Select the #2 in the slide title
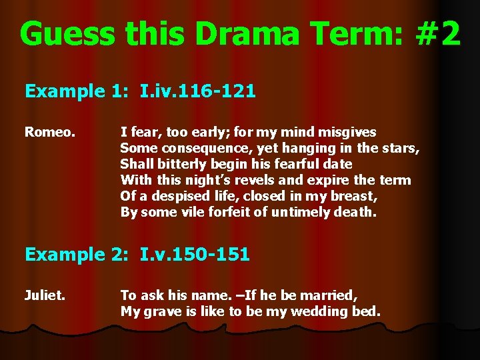[437, 33]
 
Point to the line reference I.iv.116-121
[198, 91]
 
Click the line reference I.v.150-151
[195, 254]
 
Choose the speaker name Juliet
[45, 295]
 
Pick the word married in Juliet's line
[331, 295]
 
